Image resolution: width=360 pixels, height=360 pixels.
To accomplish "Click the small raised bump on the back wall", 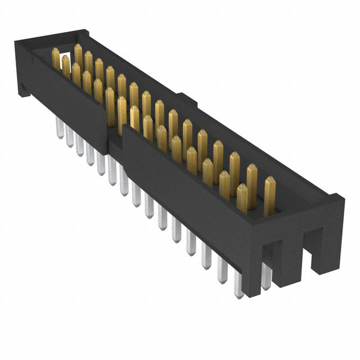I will (x=191, y=103).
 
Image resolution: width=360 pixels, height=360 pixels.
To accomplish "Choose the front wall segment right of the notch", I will (x=186, y=180).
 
